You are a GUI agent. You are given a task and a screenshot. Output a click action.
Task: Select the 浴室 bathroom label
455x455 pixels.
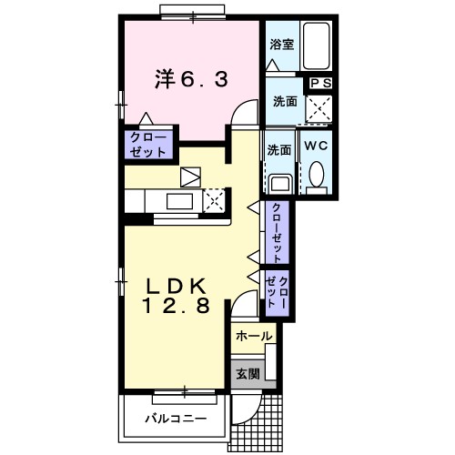pos(281,44)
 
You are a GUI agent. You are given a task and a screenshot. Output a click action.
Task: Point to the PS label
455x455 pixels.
pos(320,83)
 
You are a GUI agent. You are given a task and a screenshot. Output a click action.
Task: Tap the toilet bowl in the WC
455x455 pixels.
pos(317,174)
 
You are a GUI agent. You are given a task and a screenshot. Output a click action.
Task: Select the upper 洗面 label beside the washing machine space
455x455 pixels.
pos(284,103)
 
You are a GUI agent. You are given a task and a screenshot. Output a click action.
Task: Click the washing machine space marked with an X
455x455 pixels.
pos(320,109)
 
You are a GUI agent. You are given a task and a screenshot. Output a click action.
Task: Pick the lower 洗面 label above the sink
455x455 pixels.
pos(279,148)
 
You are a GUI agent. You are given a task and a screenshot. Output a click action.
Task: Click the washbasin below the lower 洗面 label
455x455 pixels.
pos(278,180)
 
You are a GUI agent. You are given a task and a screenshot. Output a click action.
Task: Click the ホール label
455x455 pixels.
pos(253,337)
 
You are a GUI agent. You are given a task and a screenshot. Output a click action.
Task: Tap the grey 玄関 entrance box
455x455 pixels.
pos(248,372)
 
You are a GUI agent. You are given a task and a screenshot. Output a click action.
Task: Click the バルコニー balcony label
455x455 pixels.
pos(175,420)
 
